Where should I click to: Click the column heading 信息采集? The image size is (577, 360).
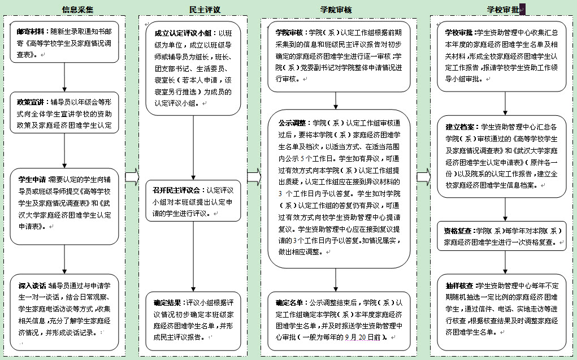point(77,10)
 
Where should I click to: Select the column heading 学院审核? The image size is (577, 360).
point(336,10)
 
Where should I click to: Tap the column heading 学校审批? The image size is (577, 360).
point(503,10)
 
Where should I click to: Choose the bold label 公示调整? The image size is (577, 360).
point(292,122)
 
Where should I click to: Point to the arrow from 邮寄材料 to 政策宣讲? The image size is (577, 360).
point(64,77)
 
